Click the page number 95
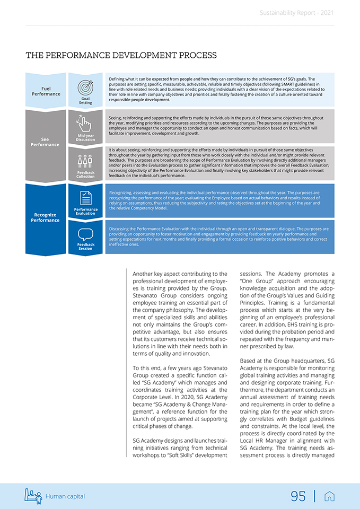click(x=298, y=496)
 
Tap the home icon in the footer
click(x=329, y=496)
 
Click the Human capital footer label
click(x=65, y=496)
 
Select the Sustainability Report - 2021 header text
click(x=297, y=13)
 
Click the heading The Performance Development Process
click(x=121, y=55)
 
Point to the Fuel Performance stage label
click(x=46, y=91)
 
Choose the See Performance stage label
click(x=46, y=142)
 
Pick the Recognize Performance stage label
click(x=46, y=217)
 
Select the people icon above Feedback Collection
click(x=85, y=161)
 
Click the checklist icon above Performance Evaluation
click(x=85, y=198)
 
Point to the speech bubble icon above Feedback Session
click(x=85, y=234)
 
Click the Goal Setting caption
click(x=85, y=101)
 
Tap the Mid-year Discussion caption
click(x=85, y=138)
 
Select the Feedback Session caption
click(x=85, y=247)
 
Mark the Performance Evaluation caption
click(x=85, y=211)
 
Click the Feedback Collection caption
click(x=85, y=174)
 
